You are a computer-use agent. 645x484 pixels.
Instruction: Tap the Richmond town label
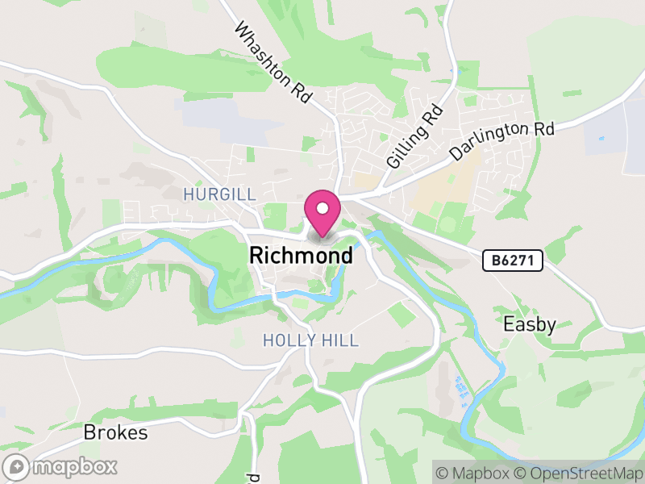pos(301,256)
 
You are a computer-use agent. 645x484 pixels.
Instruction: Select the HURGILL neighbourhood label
pos(219,194)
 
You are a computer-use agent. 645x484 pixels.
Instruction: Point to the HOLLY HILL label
pos(310,341)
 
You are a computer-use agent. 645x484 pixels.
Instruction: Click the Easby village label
pos(530,324)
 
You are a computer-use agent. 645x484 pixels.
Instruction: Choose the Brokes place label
pos(115,432)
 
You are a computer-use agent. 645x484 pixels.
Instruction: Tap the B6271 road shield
pos(513,261)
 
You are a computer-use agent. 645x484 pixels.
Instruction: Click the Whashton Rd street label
pos(273,62)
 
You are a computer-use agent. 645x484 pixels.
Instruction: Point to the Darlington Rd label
pos(503,141)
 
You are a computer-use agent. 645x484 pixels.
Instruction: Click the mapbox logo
pos(60,466)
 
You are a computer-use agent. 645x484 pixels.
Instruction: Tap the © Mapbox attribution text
pos(474,470)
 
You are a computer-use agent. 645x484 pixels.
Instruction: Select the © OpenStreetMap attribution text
pos(576,470)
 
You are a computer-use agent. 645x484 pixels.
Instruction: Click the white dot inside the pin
pos(322,208)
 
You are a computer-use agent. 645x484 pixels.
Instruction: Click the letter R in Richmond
pos(257,256)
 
